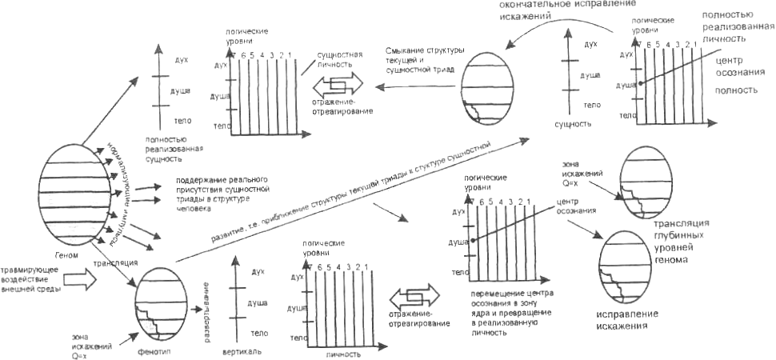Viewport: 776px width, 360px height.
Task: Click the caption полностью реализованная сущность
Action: click(x=174, y=148)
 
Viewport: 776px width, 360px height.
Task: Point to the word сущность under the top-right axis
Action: click(x=572, y=125)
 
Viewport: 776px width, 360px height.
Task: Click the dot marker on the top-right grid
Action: click(x=640, y=82)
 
